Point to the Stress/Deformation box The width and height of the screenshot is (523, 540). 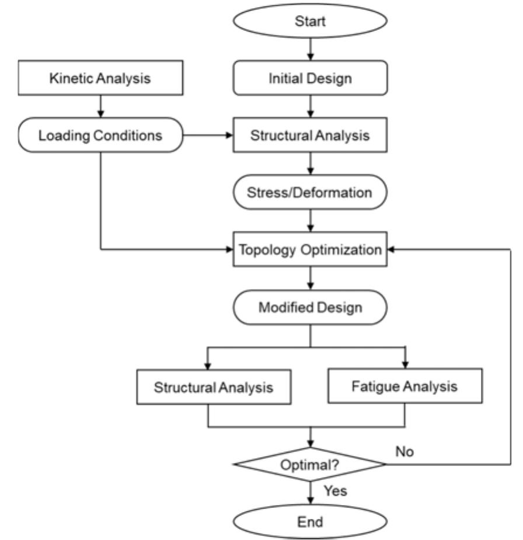pos(310,193)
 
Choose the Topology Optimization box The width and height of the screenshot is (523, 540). pos(310,249)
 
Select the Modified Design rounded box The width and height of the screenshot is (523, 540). pos(310,306)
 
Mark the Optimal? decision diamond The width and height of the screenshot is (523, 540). pos(310,465)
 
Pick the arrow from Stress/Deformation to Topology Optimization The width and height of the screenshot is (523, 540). pos(310,221)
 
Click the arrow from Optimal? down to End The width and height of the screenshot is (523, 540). pos(310,492)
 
